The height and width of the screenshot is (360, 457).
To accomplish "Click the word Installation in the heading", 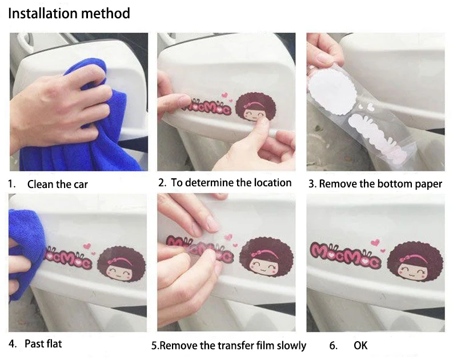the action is coord(42,13).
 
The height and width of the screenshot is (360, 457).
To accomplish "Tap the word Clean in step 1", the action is coord(41,184).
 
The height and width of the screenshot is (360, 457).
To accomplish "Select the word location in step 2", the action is coord(272,183).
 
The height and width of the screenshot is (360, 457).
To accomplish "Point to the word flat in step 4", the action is coord(53,343).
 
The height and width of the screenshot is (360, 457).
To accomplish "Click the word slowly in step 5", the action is coord(291,346).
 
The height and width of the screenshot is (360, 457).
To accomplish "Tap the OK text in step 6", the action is coord(360,345).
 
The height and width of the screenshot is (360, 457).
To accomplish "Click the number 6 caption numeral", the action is coord(333,346).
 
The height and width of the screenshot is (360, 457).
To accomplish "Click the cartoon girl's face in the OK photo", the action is coord(414,270).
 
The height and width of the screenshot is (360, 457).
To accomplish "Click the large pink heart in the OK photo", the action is coord(375,242).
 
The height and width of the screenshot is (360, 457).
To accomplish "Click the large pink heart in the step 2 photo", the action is coord(225,95).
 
